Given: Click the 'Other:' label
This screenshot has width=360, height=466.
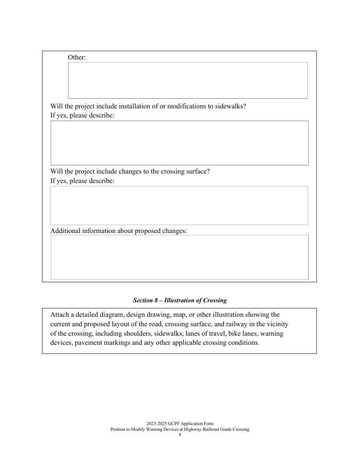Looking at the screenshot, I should [x=77, y=58].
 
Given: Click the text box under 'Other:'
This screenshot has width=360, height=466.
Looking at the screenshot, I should [x=188, y=80].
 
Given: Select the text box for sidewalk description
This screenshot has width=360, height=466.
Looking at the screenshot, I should [x=179, y=143].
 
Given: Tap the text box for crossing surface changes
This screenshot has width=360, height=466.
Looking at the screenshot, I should [x=179, y=205].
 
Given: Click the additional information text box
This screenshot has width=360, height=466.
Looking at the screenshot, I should [x=179, y=257].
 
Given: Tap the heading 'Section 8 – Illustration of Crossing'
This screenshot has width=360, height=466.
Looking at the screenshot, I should [x=180, y=300].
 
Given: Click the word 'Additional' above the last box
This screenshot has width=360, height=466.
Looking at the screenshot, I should [x=66, y=231].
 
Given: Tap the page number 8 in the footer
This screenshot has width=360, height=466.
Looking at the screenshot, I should [x=180, y=435].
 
